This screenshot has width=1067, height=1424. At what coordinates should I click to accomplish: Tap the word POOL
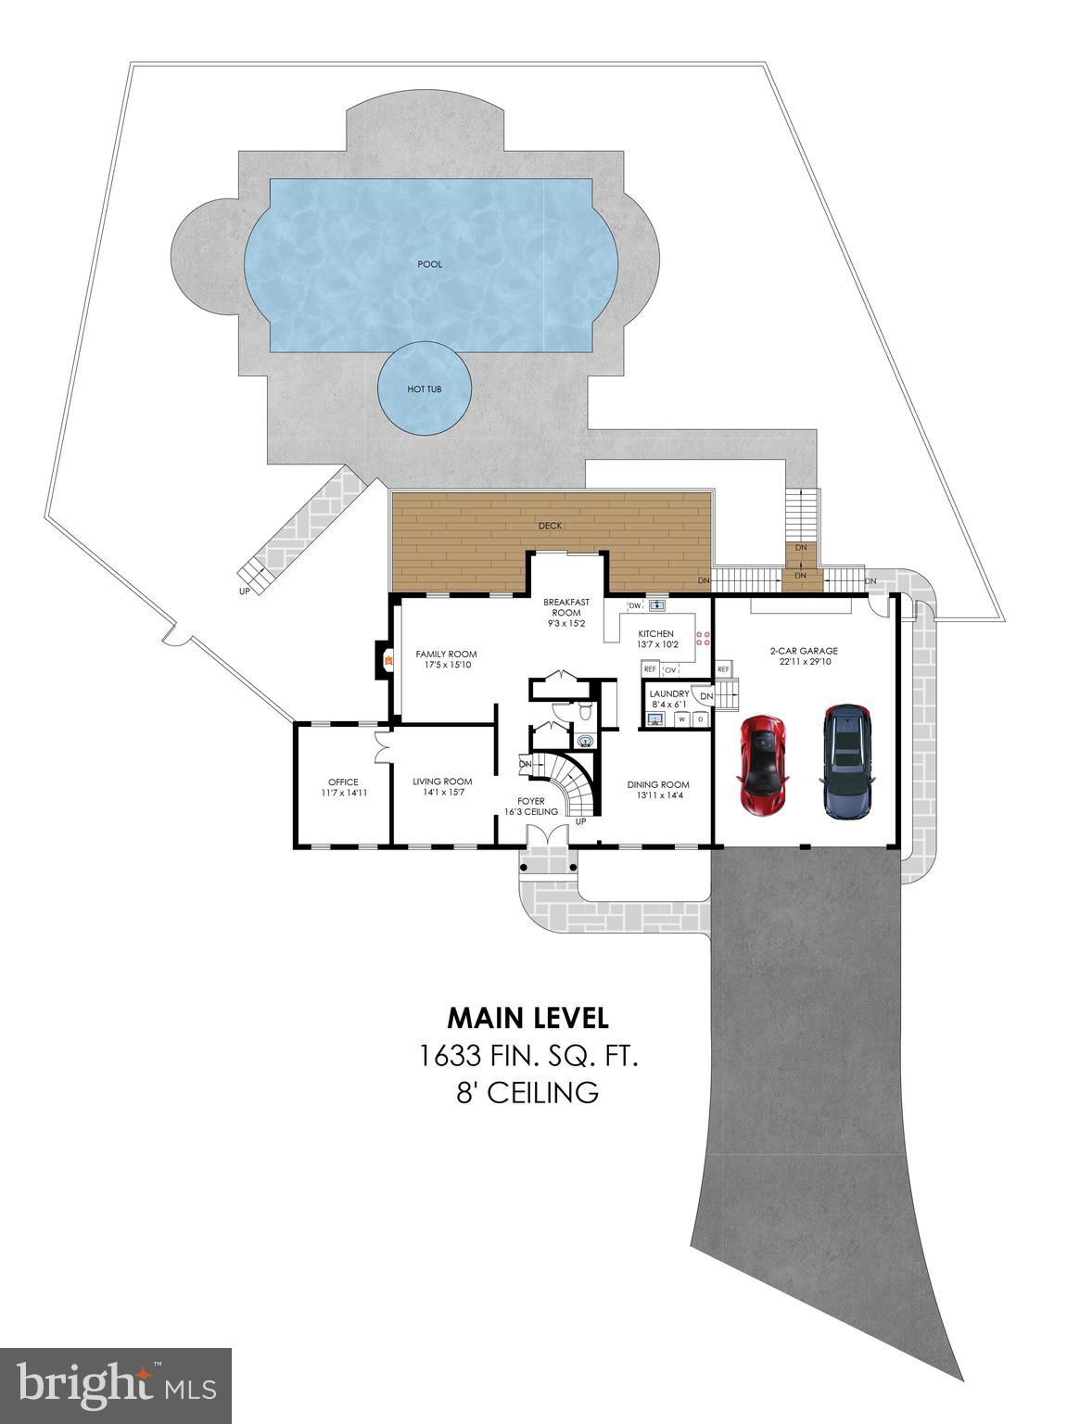[x=429, y=264]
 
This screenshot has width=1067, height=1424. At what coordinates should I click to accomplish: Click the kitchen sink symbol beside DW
[x=657, y=605]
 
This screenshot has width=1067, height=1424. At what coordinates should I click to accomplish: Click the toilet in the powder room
[x=585, y=710]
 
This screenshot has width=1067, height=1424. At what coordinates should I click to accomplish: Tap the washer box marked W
[x=682, y=718]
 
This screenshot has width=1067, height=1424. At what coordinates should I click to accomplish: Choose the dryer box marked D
[x=700, y=718]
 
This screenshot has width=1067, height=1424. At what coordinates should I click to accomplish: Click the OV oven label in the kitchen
[x=670, y=669]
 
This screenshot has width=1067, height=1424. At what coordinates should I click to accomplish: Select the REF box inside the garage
[x=723, y=669]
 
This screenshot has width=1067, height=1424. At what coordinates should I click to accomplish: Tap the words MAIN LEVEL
[x=527, y=1018]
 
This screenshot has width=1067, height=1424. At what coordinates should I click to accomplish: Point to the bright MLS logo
[x=116, y=1386]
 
